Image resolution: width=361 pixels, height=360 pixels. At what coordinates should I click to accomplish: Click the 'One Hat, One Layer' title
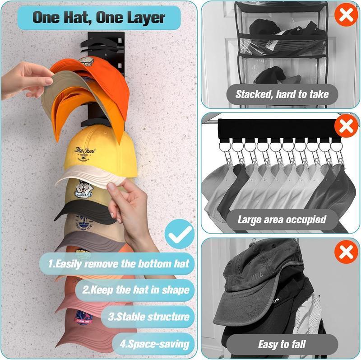tap(99, 18)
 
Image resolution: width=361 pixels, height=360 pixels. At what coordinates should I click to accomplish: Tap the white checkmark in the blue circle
tap(179, 234)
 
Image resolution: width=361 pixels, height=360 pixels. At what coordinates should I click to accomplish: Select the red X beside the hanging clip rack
tap(346, 126)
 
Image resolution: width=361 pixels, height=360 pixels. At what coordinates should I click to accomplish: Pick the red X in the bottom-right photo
tap(346, 252)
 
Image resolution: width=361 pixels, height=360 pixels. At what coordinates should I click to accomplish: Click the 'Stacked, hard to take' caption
tap(281, 95)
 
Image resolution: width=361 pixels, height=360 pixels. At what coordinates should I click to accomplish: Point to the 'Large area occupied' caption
tap(282, 220)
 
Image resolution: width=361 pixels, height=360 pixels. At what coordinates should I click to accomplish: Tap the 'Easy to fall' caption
tap(282, 344)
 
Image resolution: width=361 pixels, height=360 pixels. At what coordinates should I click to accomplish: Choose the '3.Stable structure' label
tap(148, 316)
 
